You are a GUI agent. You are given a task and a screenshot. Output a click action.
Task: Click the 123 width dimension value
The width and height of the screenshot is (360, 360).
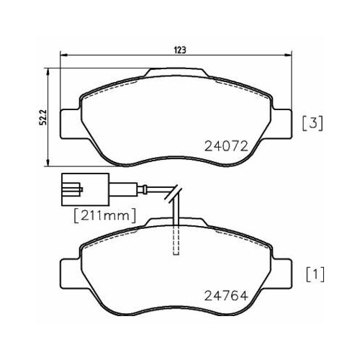(180, 50)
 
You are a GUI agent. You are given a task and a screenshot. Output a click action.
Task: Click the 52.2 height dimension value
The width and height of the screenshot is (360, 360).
(43, 117)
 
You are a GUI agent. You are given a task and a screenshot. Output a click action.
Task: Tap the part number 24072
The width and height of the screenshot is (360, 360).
(226, 146)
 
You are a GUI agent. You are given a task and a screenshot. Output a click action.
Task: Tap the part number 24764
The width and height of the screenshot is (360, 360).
(225, 296)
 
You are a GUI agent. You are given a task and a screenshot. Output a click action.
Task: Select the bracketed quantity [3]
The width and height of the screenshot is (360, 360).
(312, 123)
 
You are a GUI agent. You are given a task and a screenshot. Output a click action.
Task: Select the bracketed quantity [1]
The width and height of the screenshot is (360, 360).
(315, 274)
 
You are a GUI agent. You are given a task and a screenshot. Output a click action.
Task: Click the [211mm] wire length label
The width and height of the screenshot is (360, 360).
(105, 215)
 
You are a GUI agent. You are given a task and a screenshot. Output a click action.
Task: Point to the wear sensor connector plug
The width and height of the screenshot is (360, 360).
(86, 189)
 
